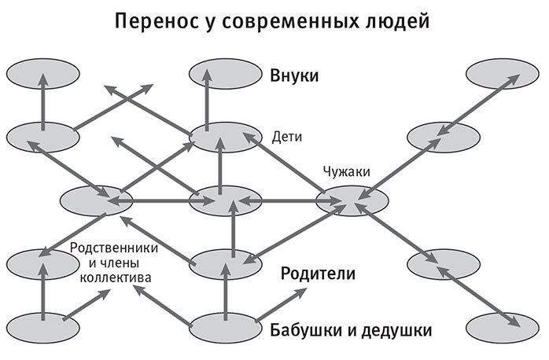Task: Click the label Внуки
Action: coord(294,76)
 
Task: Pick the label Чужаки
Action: coord(346,171)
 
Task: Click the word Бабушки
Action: coord(310,328)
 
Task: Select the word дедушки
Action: coord(397,328)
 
